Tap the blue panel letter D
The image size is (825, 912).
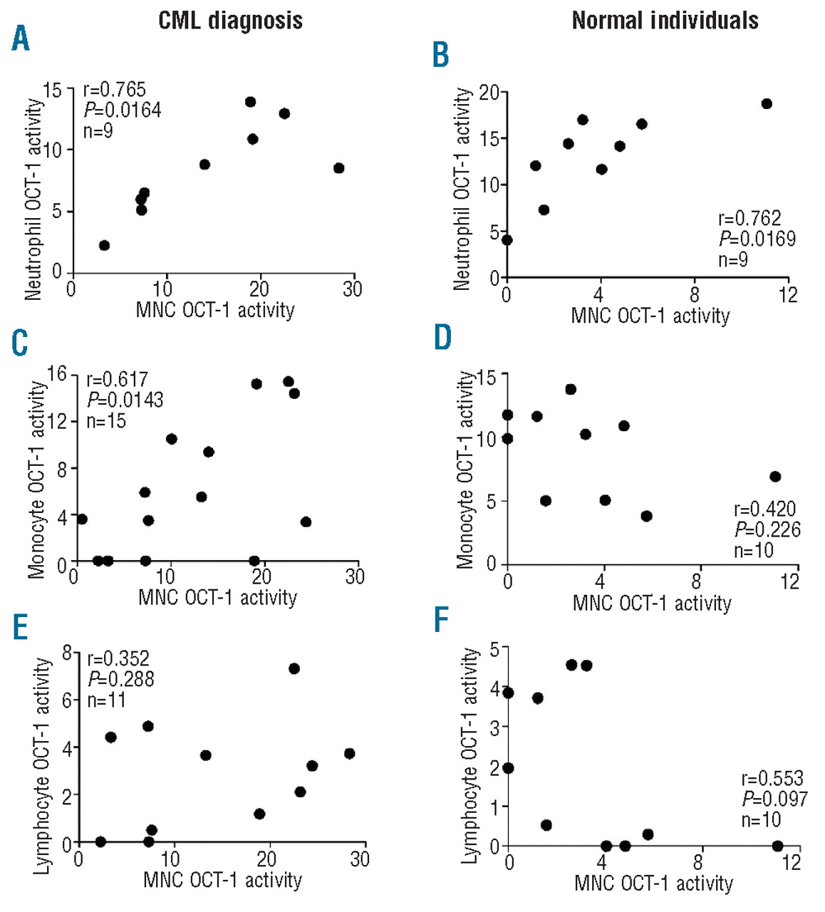tap(442, 337)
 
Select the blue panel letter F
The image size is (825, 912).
tap(442, 620)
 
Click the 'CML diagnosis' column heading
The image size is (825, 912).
tap(230, 21)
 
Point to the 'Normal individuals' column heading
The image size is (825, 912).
tap(665, 21)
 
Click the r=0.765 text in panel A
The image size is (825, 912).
tap(115, 90)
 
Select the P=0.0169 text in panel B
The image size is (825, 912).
tap(757, 239)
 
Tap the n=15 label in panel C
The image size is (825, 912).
tap(106, 421)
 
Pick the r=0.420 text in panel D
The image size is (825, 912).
tap(764, 509)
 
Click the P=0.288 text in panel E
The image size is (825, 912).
tap(120, 679)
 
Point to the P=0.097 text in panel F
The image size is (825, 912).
tap(774, 799)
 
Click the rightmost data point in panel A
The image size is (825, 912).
tap(339, 168)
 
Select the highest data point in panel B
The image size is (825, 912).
tap(767, 104)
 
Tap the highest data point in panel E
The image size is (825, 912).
tap(294, 668)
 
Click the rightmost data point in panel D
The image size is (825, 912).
tap(775, 477)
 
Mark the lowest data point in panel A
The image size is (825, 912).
tap(104, 245)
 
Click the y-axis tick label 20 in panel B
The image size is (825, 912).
tap(489, 93)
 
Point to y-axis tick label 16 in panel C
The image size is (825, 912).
tap(57, 374)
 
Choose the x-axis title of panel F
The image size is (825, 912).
tap(653, 883)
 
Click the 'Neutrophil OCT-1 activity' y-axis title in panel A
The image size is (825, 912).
tap(33, 199)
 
